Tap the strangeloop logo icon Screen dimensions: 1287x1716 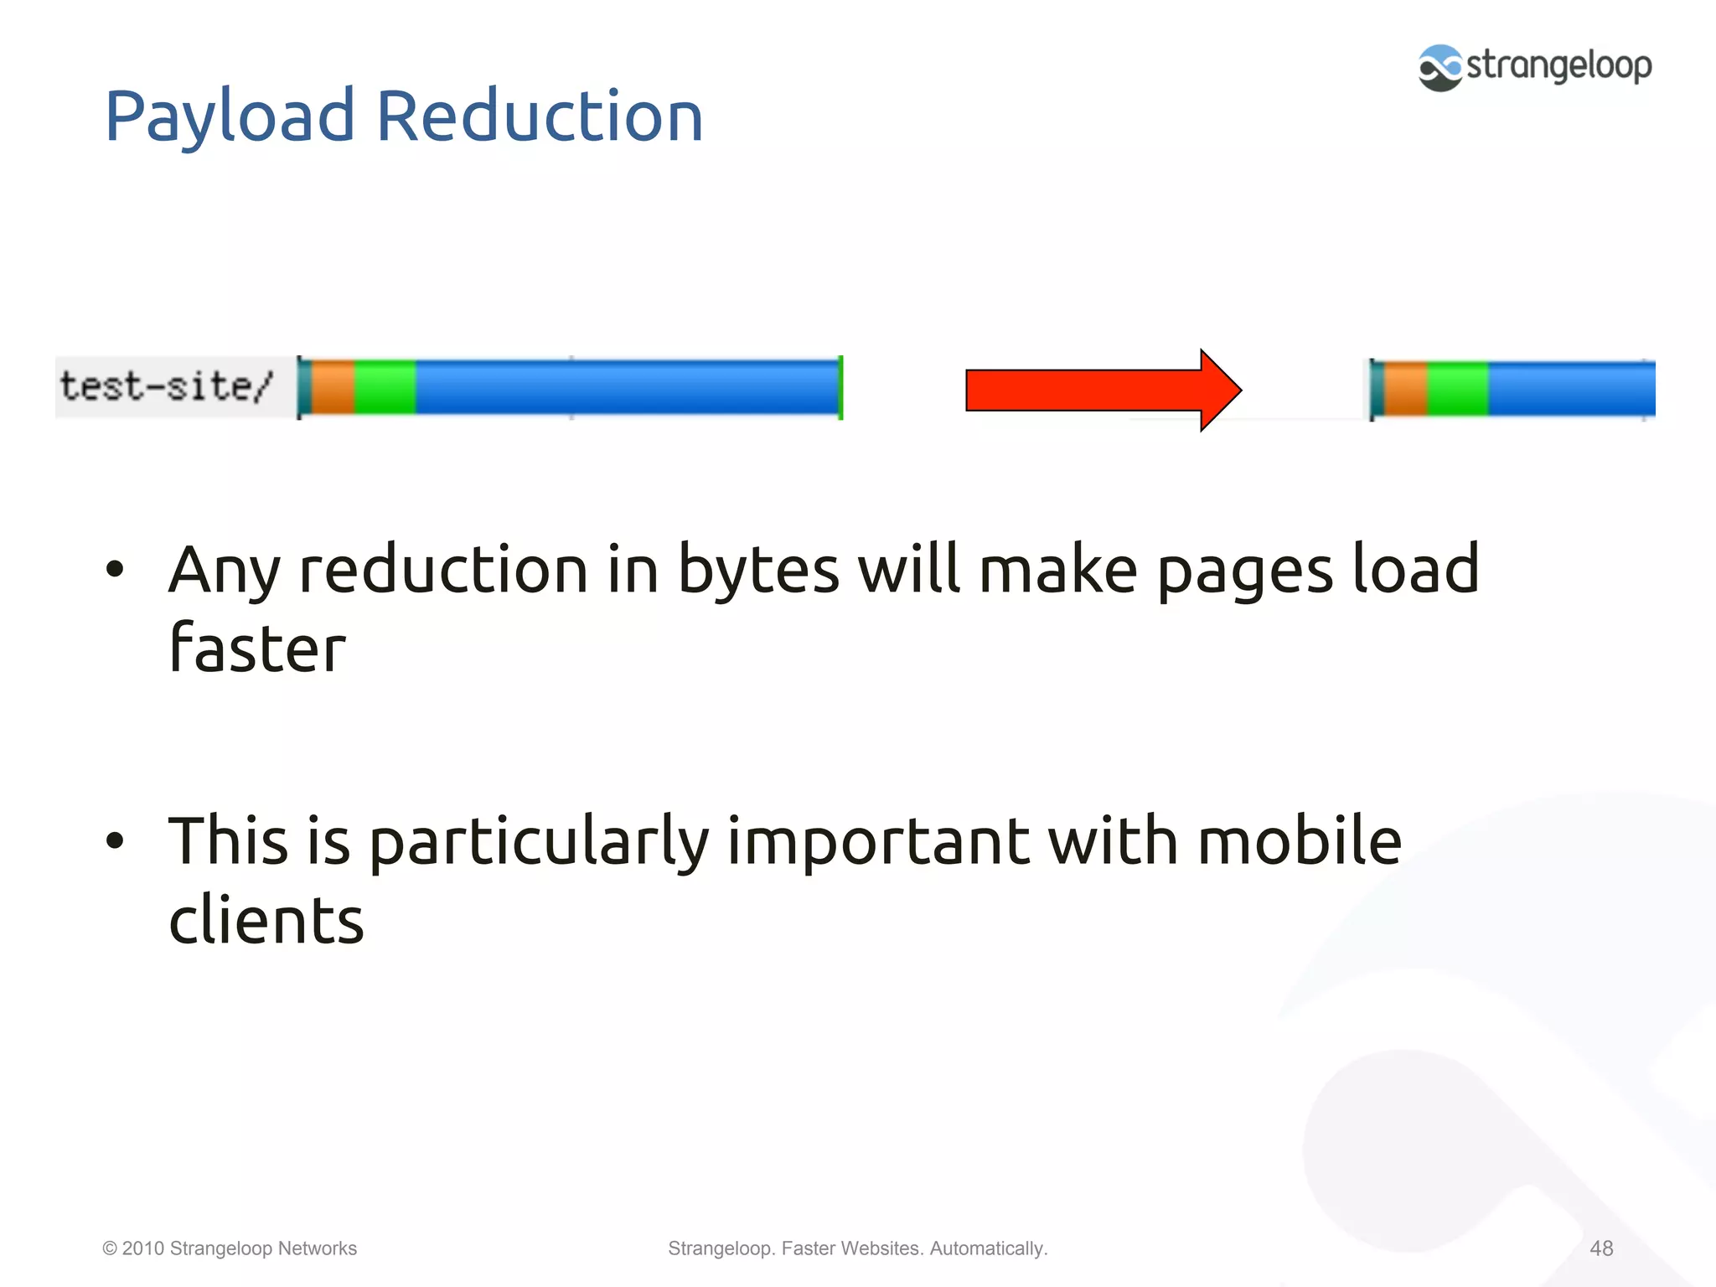tap(1440, 68)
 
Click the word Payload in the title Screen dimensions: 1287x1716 tap(229, 117)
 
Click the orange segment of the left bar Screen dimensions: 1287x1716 tap(333, 386)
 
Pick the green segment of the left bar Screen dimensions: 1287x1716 tap(385, 386)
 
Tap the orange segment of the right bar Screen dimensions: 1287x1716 tap(1405, 389)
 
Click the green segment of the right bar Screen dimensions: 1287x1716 tap(1458, 389)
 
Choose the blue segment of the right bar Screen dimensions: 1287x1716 tap(1571, 389)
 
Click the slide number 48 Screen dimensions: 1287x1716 tap(1601, 1248)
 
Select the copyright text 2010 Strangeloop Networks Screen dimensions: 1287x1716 tap(230, 1248)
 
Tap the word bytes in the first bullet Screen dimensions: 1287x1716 tap(757, 571)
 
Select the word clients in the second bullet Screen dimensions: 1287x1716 tap(266, 919)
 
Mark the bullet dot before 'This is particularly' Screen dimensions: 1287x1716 tap(115, 840)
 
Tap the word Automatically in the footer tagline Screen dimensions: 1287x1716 tap(988, 1248)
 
